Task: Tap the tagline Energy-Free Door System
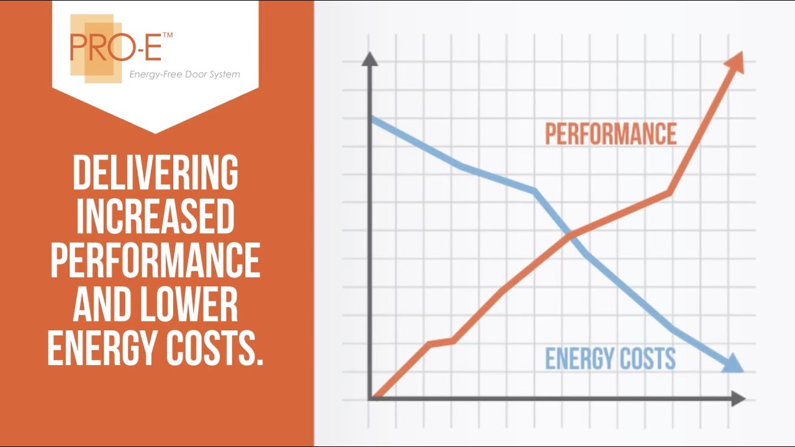click(x=184, y=74)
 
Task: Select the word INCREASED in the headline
click(x=155, y=216)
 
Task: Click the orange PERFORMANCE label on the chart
click(x=611, y=134)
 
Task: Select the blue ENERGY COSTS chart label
click(x=610, y=359)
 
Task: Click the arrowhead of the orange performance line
click(x=735, y=63)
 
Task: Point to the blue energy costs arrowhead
click(x=733, y=363)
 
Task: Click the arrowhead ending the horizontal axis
click(x=738, y=399)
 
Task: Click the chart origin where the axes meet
click(x=370, y=398)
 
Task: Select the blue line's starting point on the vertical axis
click(x=371, y=118)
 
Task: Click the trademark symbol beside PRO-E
click(x=167, y=36)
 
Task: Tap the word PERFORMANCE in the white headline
click(x=155, y=260)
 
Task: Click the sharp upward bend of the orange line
click(x=670, y=193)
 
